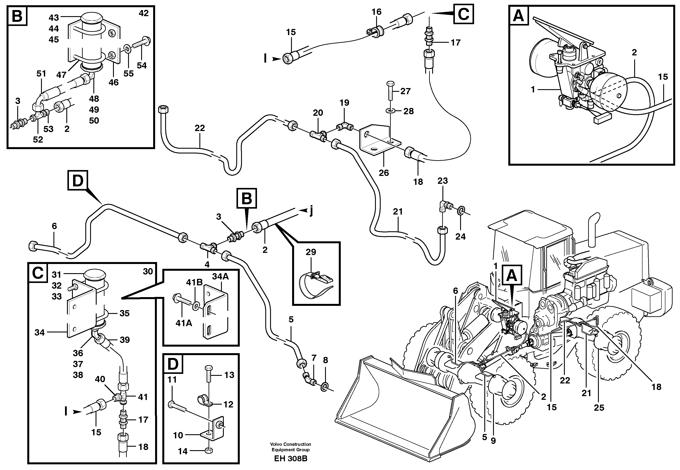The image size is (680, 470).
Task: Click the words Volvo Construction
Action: pyautogui.click(x=291, y=444)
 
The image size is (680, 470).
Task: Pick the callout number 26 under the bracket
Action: pyautogui.click(x=384, y=173)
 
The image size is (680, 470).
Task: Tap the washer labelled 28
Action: pyautogui.click(x=390, y=111)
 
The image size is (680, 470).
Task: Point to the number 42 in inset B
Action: pyautogui.click(x=144, y=13)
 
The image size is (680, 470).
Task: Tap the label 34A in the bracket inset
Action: pyautogui.click(x=220, y=276)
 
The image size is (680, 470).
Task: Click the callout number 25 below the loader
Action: pyautogui.click(x=599, y=408)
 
